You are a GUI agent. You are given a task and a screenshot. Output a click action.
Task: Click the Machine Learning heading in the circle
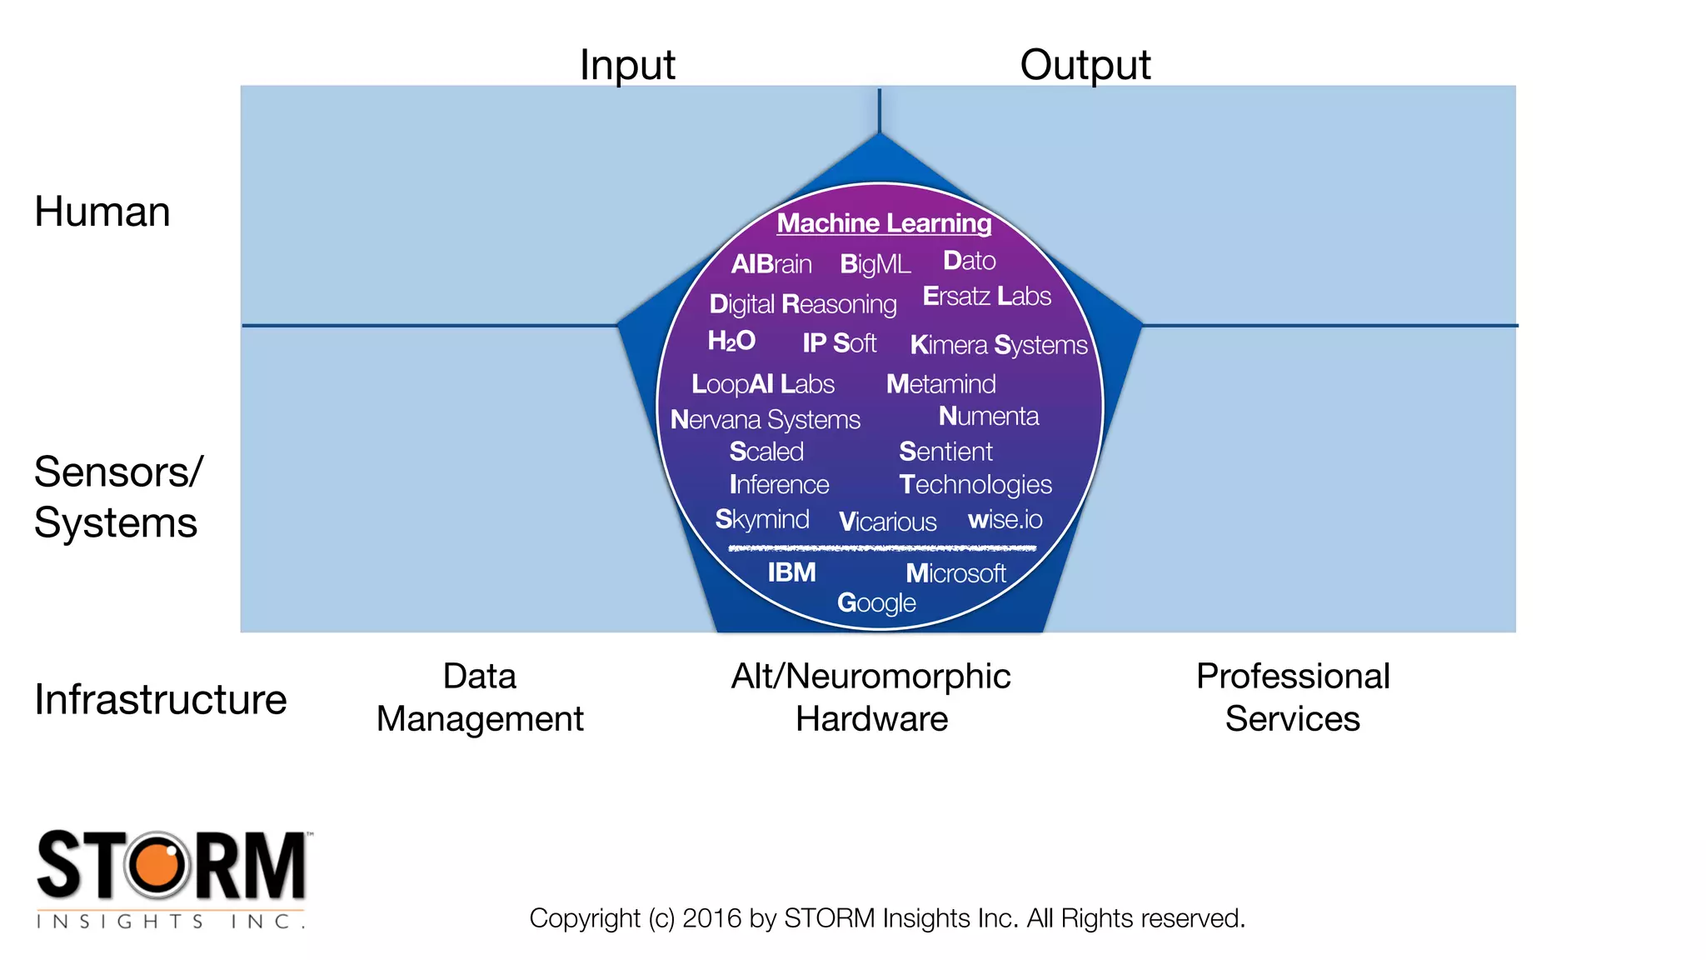click(884, 223)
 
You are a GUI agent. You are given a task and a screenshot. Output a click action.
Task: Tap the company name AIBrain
click(771, 264)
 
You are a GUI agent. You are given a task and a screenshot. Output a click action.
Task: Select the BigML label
click(875, 264)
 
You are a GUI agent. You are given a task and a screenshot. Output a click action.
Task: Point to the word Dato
click(969, 261)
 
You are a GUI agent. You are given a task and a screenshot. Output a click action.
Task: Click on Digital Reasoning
click(802, 304)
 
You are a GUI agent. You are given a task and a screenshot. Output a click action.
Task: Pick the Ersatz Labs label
click(986, 296)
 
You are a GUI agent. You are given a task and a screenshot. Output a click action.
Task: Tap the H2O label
click(731, 341)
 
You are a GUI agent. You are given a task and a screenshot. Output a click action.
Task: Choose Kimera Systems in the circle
click(998, 345)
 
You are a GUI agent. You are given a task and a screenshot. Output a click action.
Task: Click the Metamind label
click(940, 384)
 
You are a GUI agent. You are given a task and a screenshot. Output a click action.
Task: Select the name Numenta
click(988, 416)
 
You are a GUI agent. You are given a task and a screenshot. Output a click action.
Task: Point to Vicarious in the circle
click(887, 522)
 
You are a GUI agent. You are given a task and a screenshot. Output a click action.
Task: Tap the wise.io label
click(1005, 520)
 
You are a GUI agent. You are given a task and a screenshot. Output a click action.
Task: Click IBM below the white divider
click(791, 572)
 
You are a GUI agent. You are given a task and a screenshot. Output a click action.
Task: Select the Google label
click(876, 602)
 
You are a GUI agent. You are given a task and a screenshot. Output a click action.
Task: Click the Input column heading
click(627, 65)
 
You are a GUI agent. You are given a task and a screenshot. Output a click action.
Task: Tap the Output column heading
click(1085, 65)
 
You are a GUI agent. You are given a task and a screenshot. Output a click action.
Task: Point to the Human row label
click(102, 212)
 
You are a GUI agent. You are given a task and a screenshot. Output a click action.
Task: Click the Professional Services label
click(1293, 697)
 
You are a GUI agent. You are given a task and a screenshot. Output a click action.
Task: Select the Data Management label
click(480, 697)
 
